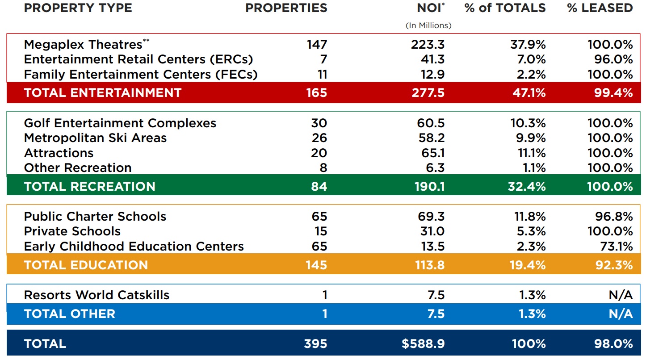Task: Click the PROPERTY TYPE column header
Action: [x=78, y=8]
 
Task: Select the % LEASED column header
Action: [x=600, y=8]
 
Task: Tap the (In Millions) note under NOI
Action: [x=428, y=25]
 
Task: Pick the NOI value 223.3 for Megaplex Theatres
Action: [x=428, y=44]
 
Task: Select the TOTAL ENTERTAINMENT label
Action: [x=103, y=92]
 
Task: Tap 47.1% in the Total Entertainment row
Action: [x=528, y=92]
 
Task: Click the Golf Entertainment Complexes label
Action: [x=120, y=123]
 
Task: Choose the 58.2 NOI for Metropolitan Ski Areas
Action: [x=431, y=138]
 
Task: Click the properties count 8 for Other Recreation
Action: [x=323, y=168]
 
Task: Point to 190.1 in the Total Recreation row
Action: [x=429, y=186]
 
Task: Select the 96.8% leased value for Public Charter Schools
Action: [x=610, y=217]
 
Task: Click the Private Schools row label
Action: [x=72, y=231]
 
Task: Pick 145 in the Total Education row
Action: [x=316, y=265]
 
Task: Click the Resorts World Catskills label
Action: [x=96, y=295]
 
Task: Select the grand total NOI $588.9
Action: [x=423, y=343]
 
